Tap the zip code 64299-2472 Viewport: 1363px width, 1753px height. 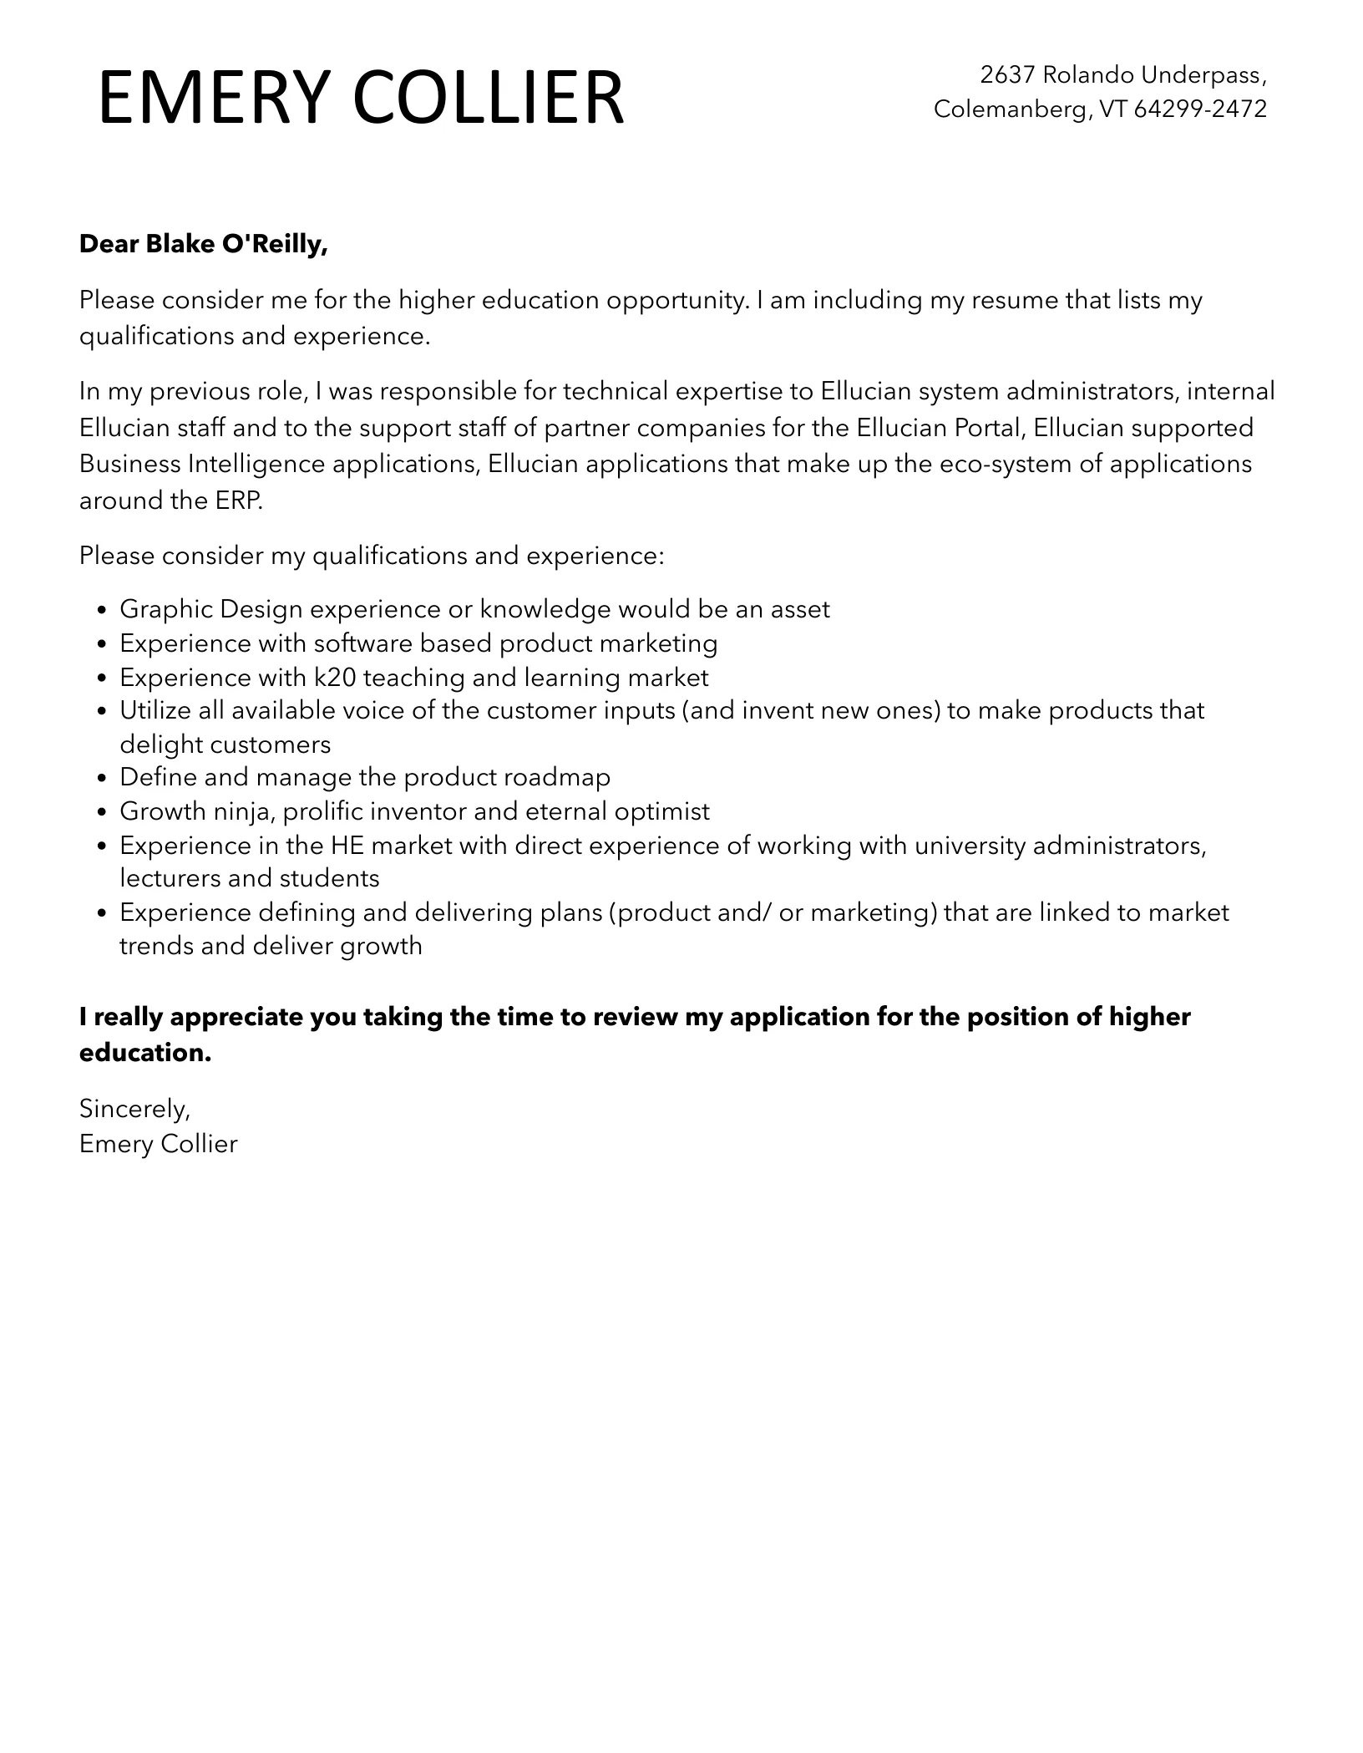click(x=1200, y=109)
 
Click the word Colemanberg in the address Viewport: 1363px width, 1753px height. click(x=1008, y=109)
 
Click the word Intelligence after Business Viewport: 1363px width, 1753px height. click(x=256, y=464)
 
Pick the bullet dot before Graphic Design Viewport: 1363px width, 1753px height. click(x=102, y=611)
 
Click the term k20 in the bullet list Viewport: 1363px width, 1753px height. click(x=330, y=677)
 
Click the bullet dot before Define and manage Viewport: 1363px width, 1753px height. click(x=102, y=779)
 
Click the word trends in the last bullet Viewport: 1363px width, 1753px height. click(x=151, y=946)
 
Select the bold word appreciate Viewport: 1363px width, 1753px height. click(x=238, y=1017)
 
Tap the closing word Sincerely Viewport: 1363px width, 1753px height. click(x=134, y=1108)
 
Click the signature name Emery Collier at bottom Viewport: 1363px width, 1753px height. click(x=158, y=1143)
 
